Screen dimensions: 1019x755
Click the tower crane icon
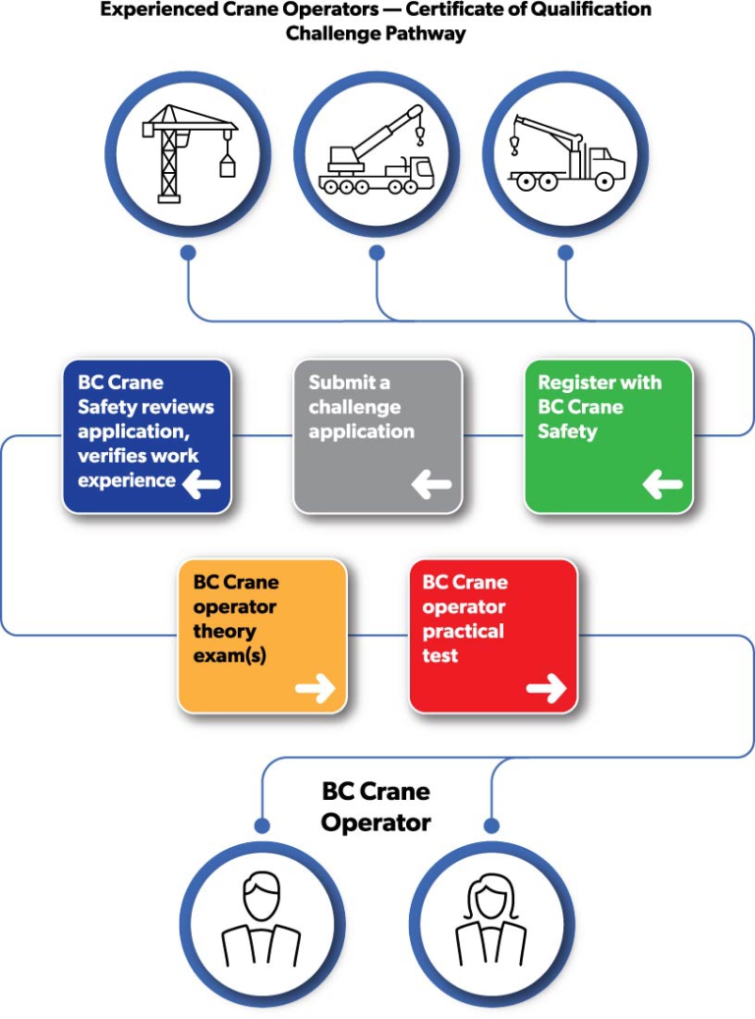pos(188,154)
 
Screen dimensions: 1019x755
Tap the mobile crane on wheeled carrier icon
pos(377,154)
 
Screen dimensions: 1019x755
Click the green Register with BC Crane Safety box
pos(609,435)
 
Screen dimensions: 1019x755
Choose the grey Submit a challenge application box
pos(377,435)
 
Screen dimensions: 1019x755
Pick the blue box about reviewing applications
pos(146,435)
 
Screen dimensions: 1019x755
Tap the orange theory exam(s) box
pos(261,635)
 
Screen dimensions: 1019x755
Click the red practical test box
pos(493,635)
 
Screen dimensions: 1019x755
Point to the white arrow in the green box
pos(663,484)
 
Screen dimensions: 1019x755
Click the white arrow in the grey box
pos(431,484)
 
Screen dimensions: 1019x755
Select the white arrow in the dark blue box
pos(201,483)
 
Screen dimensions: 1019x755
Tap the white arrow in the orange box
pos(316,689)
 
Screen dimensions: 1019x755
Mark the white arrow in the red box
pos(547,689)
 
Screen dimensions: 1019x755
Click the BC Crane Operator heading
pos(377,807)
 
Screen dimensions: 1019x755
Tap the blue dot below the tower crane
pos(188,253)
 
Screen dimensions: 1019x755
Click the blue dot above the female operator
pos(492,825)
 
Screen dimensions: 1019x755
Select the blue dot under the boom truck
pos(565,253)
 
